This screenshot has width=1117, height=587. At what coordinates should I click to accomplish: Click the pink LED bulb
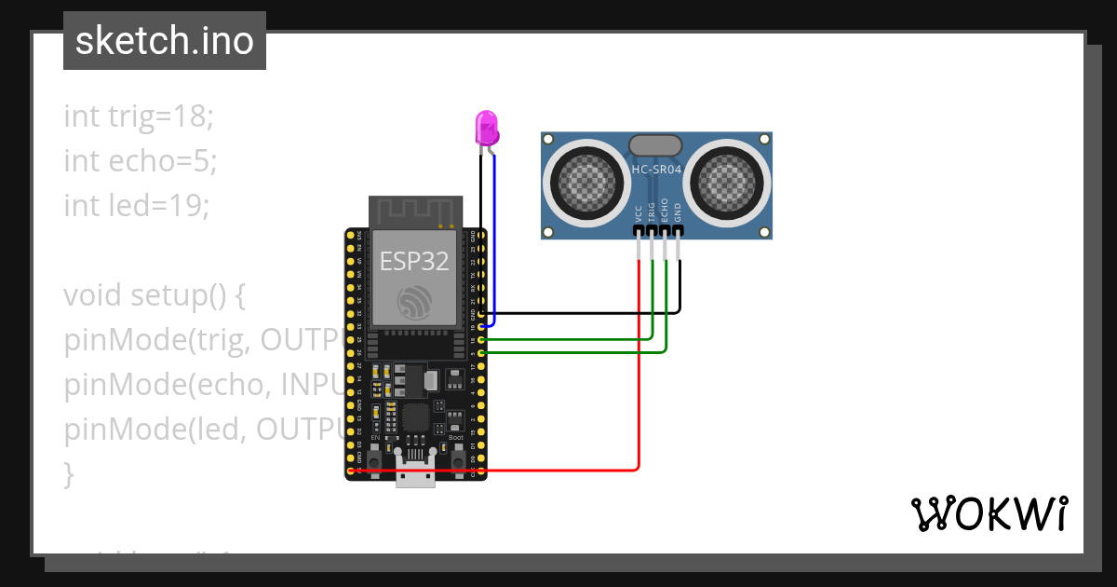(x=486, y=127)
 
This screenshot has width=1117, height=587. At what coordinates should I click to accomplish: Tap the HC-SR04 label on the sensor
(x=656, y=170)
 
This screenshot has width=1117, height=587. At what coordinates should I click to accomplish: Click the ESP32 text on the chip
(x=414, y=262)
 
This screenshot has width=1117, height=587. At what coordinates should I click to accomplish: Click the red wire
(x=639, y=373)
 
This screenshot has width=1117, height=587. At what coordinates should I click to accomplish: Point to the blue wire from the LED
(x=494, y=242)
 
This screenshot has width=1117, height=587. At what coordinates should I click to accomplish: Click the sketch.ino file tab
(x=165, y=41)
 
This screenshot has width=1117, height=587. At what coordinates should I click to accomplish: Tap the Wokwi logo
(x=989, y=513)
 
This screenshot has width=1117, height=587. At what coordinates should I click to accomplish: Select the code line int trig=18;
(x=139, y=116)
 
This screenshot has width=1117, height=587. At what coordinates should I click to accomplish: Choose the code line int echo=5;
(x=140, y=160)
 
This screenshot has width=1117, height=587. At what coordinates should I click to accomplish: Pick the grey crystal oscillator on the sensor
(x=656, y=144)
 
